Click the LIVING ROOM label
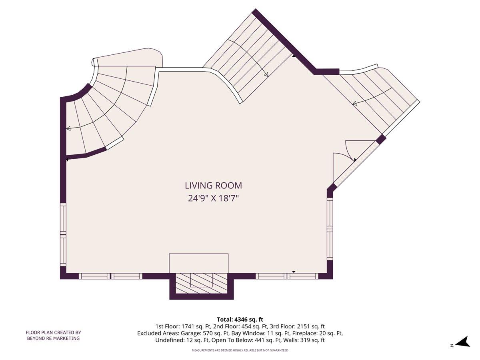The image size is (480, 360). [x=213, y=186]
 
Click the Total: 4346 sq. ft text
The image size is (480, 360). [x=240, y=319]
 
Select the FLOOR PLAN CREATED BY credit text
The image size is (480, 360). [x=53, y=332]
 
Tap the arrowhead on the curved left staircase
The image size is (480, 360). [x=68, y=128]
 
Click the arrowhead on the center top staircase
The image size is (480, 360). [x=266, y=74]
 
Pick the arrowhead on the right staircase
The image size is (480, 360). [x=354, y=104]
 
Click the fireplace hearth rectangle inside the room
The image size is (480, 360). [x=198, y=263]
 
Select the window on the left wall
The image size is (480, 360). [x=63, y=234]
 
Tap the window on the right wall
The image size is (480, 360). [x=330, y=229]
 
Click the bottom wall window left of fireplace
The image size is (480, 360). [x=110, y=276]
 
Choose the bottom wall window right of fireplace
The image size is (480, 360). [x=287, y=276]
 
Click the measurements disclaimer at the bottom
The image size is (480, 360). [x=240, y=350]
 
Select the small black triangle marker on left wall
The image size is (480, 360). [x=67, y=160]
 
